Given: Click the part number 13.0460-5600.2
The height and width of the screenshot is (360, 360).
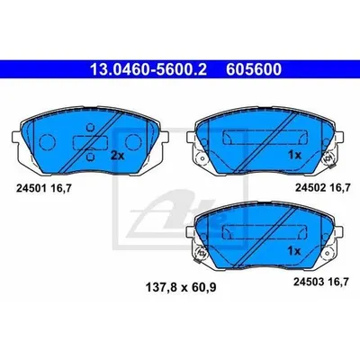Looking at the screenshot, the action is (148, 69).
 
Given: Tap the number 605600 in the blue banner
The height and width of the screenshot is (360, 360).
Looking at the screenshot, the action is (254, 69).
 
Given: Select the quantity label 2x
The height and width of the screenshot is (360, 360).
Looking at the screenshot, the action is (117, 156).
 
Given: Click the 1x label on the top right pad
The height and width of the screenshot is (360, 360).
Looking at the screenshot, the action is (294, 155).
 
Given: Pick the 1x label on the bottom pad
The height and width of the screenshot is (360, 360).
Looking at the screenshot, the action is (294, 251).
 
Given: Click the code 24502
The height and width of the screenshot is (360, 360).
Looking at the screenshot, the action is (310, 188).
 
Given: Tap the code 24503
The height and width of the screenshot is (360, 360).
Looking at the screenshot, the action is (309, 282).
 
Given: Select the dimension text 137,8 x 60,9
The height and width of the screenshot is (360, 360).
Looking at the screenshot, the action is (181, 288).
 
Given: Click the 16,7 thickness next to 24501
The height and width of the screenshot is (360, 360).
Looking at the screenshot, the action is (61, 188).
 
